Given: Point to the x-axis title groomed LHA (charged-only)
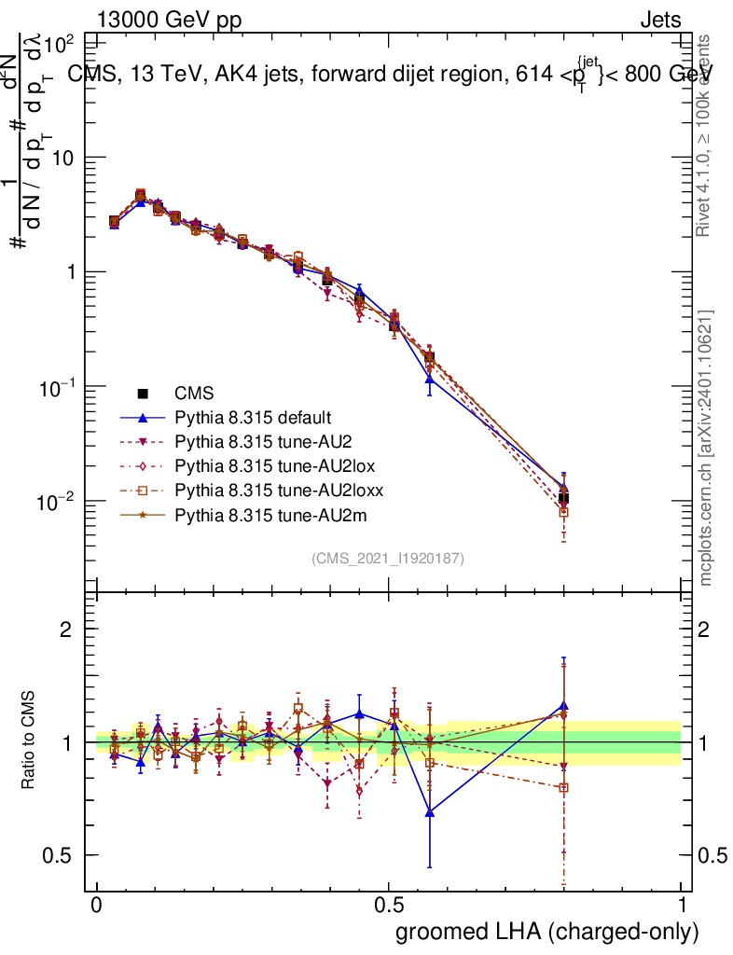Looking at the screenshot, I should point(547,931).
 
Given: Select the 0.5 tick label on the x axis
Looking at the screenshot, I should point(389,906).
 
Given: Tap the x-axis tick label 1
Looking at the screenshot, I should point(682,906).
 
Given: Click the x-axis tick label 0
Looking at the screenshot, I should point(97,906).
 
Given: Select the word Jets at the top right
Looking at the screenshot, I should point(659,21).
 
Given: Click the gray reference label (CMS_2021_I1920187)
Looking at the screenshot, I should point(388,559).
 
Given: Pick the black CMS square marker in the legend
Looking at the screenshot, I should point(145,394).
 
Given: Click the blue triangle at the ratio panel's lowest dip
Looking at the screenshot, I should point(429,812).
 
